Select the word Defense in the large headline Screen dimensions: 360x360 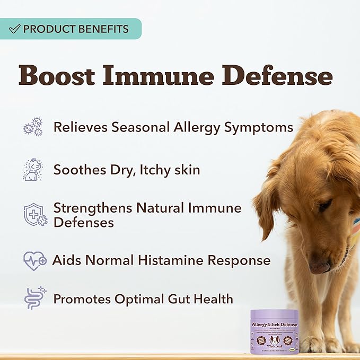[x=279, y=76]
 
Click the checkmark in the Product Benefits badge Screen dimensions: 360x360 [x=15, y=29]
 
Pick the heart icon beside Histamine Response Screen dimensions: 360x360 [x=35, y=260]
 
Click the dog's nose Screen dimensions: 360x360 [x=319, y=267]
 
